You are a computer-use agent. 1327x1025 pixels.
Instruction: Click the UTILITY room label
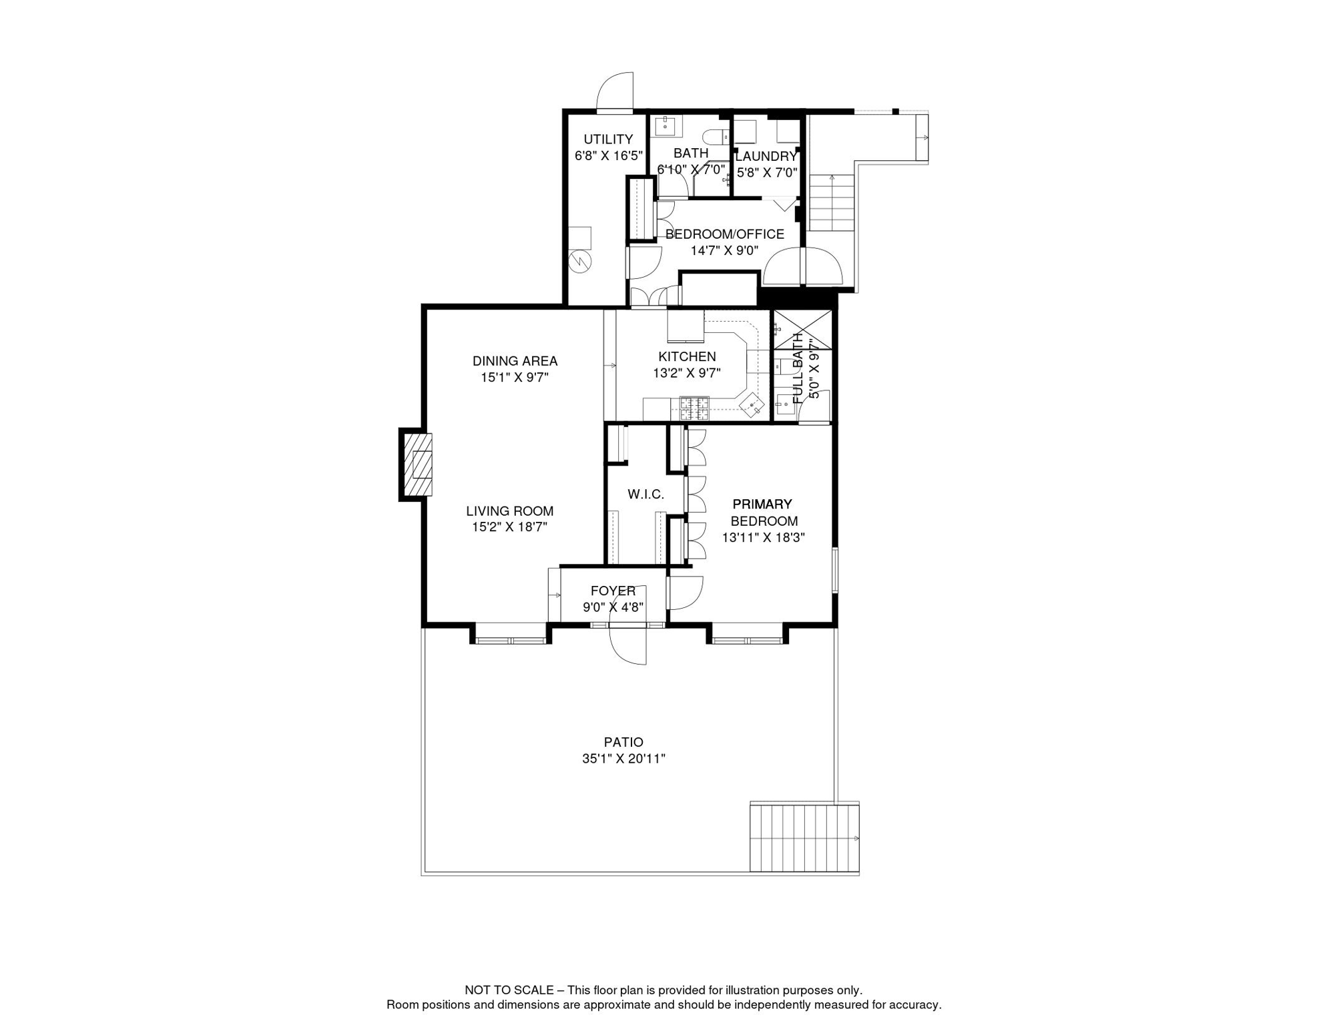click(608, 139)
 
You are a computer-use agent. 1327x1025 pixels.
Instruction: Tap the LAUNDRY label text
click(766, 157)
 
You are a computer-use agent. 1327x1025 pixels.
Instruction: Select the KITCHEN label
click(687, 357)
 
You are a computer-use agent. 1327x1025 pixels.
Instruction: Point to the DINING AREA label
click(515, 361)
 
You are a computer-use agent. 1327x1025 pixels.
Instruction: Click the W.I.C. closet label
click(645, 494)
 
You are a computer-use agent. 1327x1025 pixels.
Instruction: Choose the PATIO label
click(623, 742)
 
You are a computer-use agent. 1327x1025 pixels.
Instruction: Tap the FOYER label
click(613, 591)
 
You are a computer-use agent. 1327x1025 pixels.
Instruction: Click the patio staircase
click(804, 837)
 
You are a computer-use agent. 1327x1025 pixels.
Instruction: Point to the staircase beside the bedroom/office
click(832, 203)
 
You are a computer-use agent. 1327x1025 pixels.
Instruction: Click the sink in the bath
click(666, 126)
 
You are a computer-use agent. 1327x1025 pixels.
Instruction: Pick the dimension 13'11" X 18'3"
click(764, 538)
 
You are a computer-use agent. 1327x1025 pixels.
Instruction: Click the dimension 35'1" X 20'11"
click(623, 759)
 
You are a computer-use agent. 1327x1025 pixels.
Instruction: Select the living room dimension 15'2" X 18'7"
click(509, 527)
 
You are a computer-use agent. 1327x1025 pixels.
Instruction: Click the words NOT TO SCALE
click(509, 990)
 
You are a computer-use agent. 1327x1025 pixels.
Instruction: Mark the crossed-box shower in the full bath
click(802, 330)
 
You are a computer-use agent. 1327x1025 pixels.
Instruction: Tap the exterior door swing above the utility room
click(615, 91)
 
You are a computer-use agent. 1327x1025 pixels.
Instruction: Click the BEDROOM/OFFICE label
click(724, 234)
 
